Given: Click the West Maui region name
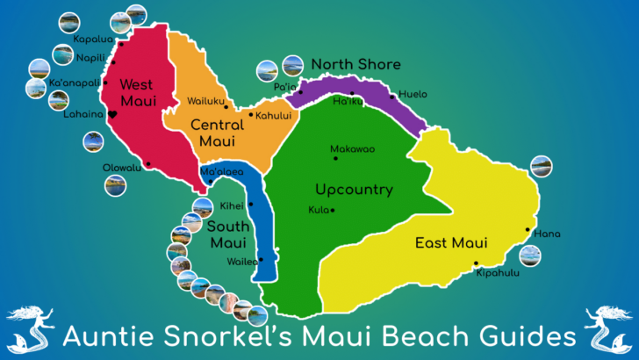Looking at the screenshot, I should [138, 92].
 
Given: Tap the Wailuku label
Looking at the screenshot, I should [205, 101].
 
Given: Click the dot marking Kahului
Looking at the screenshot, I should [251, 114].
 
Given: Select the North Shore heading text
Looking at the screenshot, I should [355, 64].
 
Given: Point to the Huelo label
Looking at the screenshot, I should [413, 94].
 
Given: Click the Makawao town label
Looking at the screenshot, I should [352, 149].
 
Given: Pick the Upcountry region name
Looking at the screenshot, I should [354, 190].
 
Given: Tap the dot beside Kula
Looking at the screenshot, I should [332, 210].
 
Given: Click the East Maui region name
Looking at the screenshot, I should [452, 243].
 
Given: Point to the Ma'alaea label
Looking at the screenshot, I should [222, 172].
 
